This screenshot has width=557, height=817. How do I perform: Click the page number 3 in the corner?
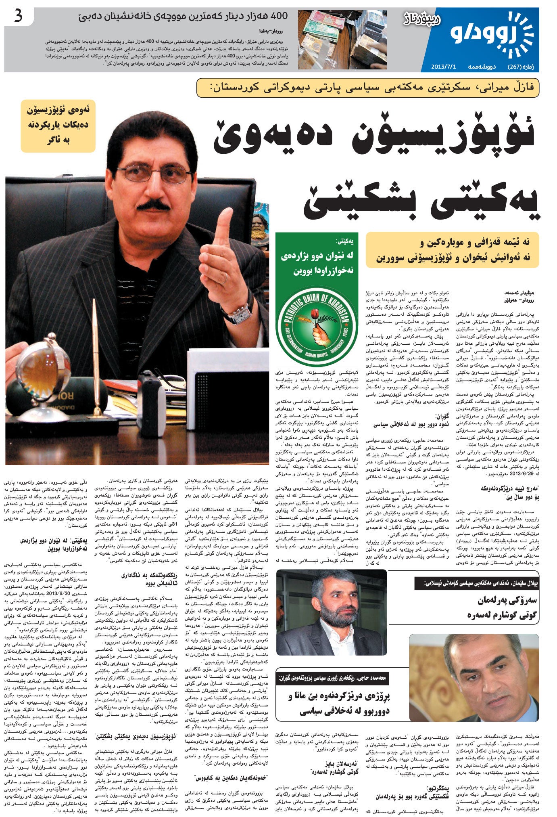[x=19, y=17]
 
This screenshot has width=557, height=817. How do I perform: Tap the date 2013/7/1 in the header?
[x=443, y=66]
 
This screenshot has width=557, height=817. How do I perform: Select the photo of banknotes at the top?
[x=342, y=39]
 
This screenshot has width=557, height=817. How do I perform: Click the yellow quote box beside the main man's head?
[x=58, y=126]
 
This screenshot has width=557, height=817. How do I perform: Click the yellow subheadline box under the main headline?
[x=452, y=250]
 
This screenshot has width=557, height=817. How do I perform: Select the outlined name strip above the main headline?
[x=367, y=88]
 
